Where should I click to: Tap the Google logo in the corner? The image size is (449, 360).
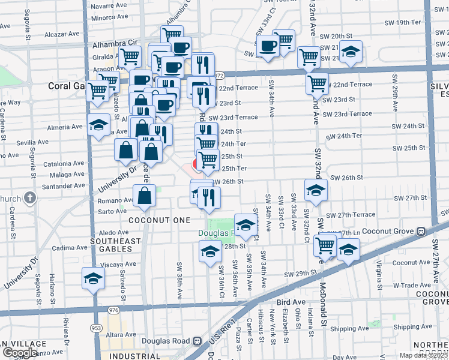[20, 353]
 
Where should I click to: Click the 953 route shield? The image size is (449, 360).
[95, 328]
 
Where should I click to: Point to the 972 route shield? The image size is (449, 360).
[219, 76]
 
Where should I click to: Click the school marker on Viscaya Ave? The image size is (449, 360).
[93, 278]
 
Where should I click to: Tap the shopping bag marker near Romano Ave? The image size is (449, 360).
[145, 196]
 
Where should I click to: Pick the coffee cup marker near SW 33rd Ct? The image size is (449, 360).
[268, 45]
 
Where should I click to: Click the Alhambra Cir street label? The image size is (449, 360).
[115, 44]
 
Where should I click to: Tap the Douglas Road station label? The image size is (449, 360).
[167, 341]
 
